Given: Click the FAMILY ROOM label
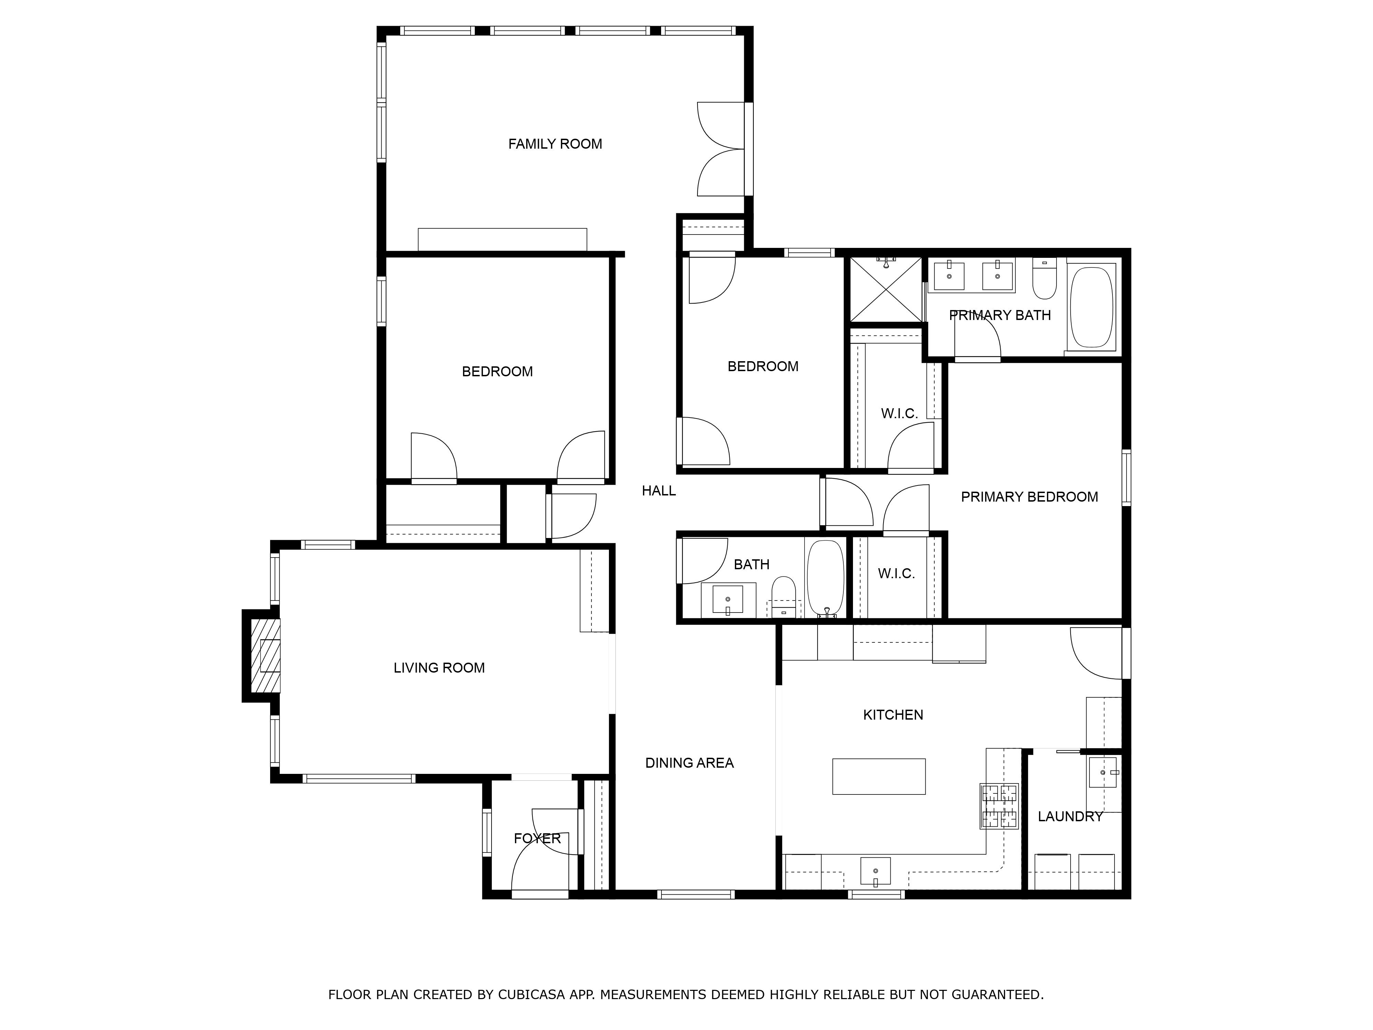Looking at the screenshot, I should click(x=555, y=144).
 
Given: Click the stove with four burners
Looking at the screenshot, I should click(x=999, y=806).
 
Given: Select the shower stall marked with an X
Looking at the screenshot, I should click(x=886, y=290).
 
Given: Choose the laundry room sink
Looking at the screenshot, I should click(x=1103, y=772).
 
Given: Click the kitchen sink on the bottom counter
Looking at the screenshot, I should click(x=875, y=870).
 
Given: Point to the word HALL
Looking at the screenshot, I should click(x=659, y=491).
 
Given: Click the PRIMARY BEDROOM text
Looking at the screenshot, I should click(x=1029, y=497).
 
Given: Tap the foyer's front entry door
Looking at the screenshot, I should click(x=539, y=869).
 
